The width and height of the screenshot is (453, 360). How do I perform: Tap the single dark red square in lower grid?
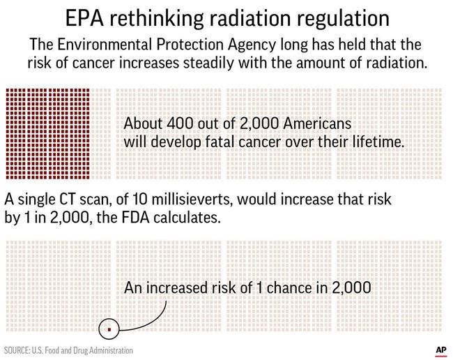pos(108,327)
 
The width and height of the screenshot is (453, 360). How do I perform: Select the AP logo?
pos(440,349)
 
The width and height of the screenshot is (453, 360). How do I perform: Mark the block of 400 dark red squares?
pos(47,132)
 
